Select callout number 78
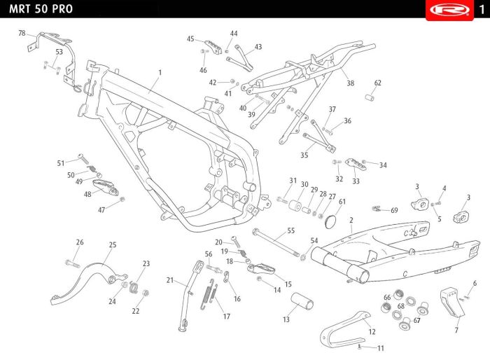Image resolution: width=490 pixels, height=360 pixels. point(22,34)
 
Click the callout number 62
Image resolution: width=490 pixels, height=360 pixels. point(378,83)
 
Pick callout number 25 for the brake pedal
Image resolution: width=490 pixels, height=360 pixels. point(112,244)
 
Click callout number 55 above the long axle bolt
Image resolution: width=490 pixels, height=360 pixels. point(290,230)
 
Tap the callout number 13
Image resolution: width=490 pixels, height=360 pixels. point(286,319)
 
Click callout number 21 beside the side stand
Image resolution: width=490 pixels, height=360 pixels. point(169,280)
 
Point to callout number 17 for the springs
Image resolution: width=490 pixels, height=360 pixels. point(226,317)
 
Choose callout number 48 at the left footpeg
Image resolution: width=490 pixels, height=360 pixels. point(87,195)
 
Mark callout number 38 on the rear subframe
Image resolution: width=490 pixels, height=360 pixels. point(351,83)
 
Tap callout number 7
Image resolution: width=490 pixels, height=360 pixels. point(457,329)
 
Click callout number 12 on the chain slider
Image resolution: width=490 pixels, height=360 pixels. point(372,332)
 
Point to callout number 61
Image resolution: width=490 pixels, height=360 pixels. point(342,202)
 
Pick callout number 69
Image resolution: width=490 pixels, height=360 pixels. point(394,210)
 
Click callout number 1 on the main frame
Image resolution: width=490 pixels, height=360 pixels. point(160,73)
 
